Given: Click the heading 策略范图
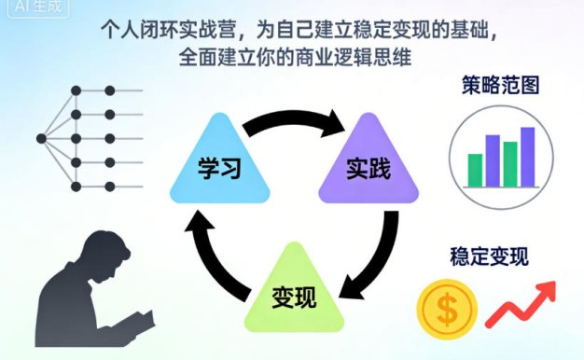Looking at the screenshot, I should [x=502, y=87].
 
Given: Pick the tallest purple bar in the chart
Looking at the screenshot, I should [x=528, y=156].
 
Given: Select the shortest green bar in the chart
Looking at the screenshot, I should [x=475, y=169].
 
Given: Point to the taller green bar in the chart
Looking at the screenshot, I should [x=510, y=163].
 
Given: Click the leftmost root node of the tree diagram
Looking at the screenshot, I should [x=41, y=139].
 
